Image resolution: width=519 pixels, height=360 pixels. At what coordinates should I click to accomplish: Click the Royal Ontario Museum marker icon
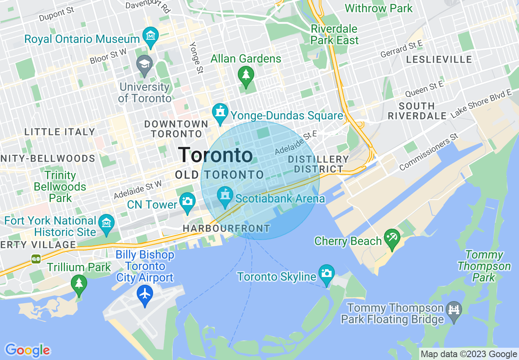(151, 37)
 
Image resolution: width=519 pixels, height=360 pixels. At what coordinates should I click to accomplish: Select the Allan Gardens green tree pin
(246, 76)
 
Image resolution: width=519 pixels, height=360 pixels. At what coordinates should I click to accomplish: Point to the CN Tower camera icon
(187, 202)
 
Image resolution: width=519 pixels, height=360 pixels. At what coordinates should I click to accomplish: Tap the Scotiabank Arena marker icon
(225, 196)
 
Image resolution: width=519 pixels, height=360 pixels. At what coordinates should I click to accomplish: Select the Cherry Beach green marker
(392, 239)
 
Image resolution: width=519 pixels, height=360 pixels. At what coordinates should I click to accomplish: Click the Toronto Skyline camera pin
(326, 274)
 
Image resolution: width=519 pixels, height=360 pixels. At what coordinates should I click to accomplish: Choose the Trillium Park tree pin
(79, 284)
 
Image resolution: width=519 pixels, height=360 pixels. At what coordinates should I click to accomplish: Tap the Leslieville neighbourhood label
(439, 60)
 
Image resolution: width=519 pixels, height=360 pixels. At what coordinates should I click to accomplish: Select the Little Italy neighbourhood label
(60, 132)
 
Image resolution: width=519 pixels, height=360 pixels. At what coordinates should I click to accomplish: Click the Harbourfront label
(226, 228)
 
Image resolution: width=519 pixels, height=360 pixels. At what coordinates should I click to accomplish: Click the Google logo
(27, 350)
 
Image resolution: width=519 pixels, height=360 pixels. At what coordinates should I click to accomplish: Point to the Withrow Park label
(379, 8)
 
